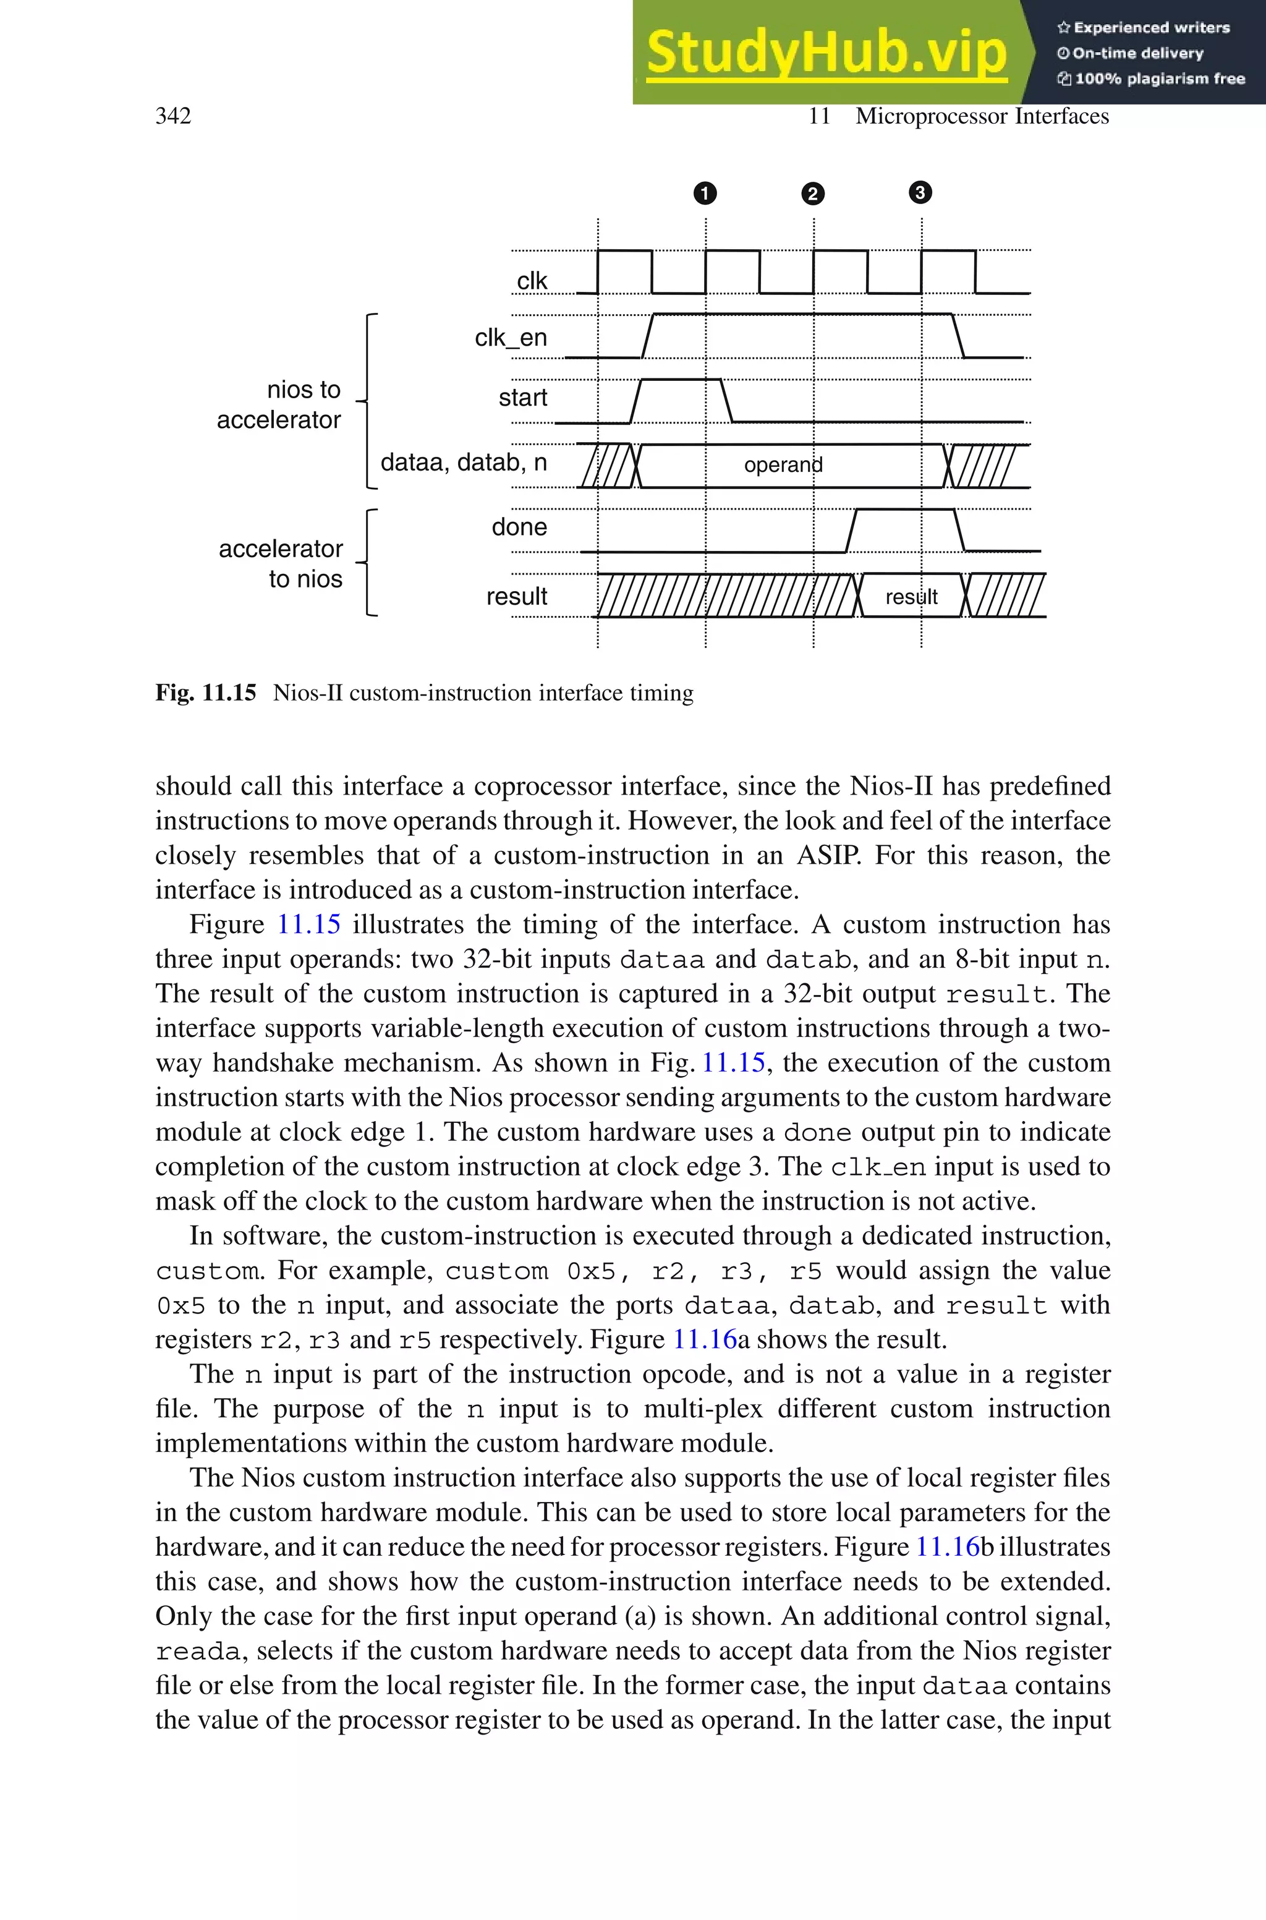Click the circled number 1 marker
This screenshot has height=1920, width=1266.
[x=705, y=194]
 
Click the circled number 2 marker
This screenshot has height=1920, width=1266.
[x=812, y=194]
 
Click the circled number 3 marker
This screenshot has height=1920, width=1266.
[x=920, y=192]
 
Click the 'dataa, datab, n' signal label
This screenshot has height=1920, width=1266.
[x=464, y=462]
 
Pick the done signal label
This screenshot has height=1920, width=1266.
[x=519, y=527]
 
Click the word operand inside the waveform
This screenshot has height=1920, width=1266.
[x=783, y=465]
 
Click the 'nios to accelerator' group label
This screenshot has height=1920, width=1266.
[x=279, y=404]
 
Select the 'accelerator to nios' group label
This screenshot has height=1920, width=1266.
[x=281, y=563]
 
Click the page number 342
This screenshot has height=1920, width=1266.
[x=173, y=116]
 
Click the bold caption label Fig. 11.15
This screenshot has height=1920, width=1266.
[x=206, y=693]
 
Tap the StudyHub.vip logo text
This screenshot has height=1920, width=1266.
[x=826, y=53]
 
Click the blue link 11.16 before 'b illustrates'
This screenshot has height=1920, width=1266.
[x=946, y=1547]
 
